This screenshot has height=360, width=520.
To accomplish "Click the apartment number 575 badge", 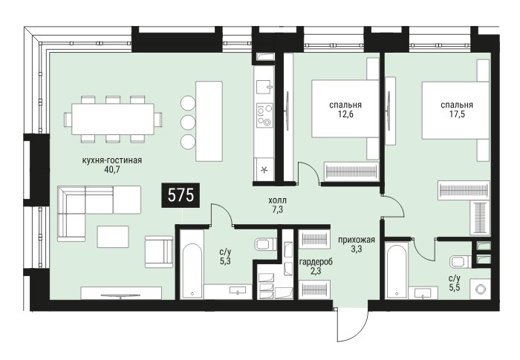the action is [x=181, y=195].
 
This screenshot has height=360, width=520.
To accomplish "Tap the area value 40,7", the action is [x=111, y=170].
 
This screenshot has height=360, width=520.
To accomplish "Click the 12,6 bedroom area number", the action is [x=345, y=114].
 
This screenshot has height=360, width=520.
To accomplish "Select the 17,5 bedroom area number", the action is [x=457, y=114].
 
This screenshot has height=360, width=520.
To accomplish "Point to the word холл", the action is [x=278, y=200].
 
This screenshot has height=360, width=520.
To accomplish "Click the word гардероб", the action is [x=316, y=262].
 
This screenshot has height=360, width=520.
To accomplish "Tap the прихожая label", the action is [x=357, y=240].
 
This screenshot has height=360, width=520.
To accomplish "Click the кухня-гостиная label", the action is [x=111, y=160].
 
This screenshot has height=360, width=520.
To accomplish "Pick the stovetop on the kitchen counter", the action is [x=265, y=115].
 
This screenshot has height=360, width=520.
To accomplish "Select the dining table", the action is [x=113, y=119].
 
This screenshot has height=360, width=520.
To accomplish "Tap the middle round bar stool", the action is [x=188, y=122].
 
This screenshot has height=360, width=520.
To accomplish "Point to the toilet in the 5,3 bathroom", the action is [x=266, y=244].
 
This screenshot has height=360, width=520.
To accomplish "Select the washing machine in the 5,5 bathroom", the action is [x=481, y=289].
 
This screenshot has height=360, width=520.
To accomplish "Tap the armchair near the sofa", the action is [x=159, y=252].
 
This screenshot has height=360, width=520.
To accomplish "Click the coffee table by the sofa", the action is [x=113, y=236].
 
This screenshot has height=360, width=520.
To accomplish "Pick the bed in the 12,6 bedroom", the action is [x=345, y=108].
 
